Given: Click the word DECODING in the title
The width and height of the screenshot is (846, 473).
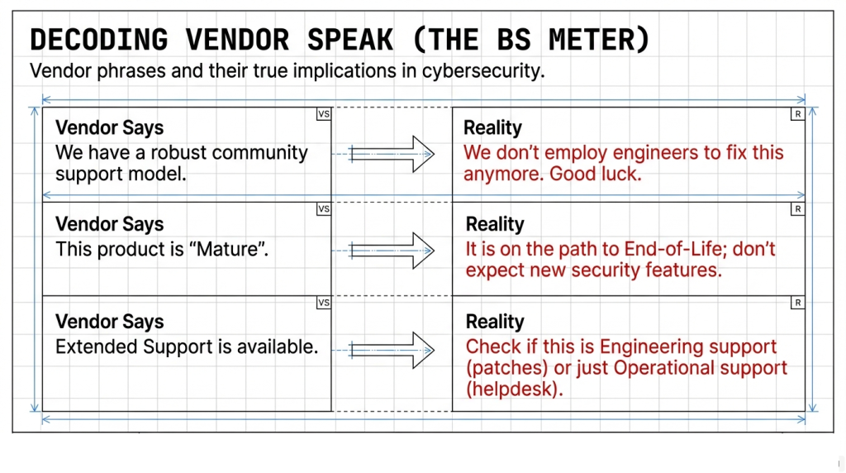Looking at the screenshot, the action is pos(99,40).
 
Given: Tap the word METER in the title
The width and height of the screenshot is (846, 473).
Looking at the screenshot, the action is pos(599,40).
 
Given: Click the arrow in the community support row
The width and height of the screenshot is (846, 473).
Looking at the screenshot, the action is pos(392,154).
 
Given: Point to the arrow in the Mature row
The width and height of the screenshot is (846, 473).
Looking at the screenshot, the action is pos(392,251).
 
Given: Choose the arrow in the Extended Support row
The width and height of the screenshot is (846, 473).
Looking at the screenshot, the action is pos(392,350).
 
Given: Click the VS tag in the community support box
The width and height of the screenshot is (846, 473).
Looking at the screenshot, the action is pos(324,114).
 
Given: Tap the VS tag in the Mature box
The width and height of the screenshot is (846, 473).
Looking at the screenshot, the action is pos(324,209).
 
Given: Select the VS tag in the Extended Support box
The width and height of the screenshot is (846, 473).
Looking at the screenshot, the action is pos(324,303).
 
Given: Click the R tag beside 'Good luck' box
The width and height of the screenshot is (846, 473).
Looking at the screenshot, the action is pos(798,114).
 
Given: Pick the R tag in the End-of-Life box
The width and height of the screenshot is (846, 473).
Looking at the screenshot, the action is pos(798,209).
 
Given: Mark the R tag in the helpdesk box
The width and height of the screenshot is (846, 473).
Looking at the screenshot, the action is pos(798,303).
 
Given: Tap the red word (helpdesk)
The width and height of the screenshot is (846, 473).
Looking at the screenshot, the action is pos(514,389).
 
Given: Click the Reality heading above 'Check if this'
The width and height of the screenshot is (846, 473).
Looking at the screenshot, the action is pos(495,322).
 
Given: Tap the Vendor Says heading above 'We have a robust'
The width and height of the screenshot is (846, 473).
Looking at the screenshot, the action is pos(110,128).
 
